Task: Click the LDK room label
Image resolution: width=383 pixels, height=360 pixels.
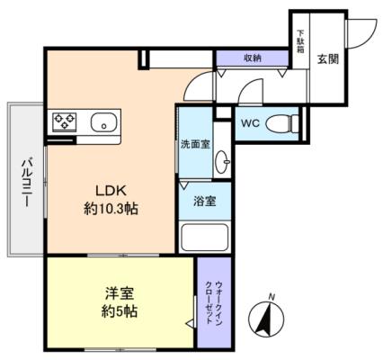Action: (x=111, y=191)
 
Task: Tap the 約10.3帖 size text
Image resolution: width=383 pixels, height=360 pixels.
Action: (x=111, y=209)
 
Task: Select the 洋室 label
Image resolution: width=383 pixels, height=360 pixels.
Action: (x=120, y=293)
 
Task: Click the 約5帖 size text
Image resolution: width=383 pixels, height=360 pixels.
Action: (x=120, y=312)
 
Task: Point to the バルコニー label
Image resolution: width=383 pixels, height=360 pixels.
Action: (x=26, y=184)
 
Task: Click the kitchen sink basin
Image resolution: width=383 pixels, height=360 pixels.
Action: (x=103, y=122)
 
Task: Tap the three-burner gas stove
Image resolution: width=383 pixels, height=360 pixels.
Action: (x=65, y=121)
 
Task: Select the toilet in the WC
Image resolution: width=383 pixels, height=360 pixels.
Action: (x=281, y=123)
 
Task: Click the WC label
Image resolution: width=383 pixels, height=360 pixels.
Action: (x=250, y=123)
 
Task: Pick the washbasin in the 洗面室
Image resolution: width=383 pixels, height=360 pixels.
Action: (x=222, y=161)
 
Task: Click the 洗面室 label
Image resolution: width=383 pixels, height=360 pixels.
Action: (x=195, y=145)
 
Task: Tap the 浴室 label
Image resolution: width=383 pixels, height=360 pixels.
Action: (x=205, y=202)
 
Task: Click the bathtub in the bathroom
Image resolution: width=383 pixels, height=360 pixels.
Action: (x=205, y=238)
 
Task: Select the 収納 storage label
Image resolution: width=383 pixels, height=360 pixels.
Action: (x=252, y=58)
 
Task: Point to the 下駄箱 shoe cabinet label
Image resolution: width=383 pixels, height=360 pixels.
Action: (x=300, y=41)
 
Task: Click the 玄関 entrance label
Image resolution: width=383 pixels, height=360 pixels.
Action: (x=328, y=59)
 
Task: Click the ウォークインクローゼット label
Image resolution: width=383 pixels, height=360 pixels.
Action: (x=214, y=302)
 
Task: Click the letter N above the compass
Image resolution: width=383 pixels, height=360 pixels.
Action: (x=272, y=297)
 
